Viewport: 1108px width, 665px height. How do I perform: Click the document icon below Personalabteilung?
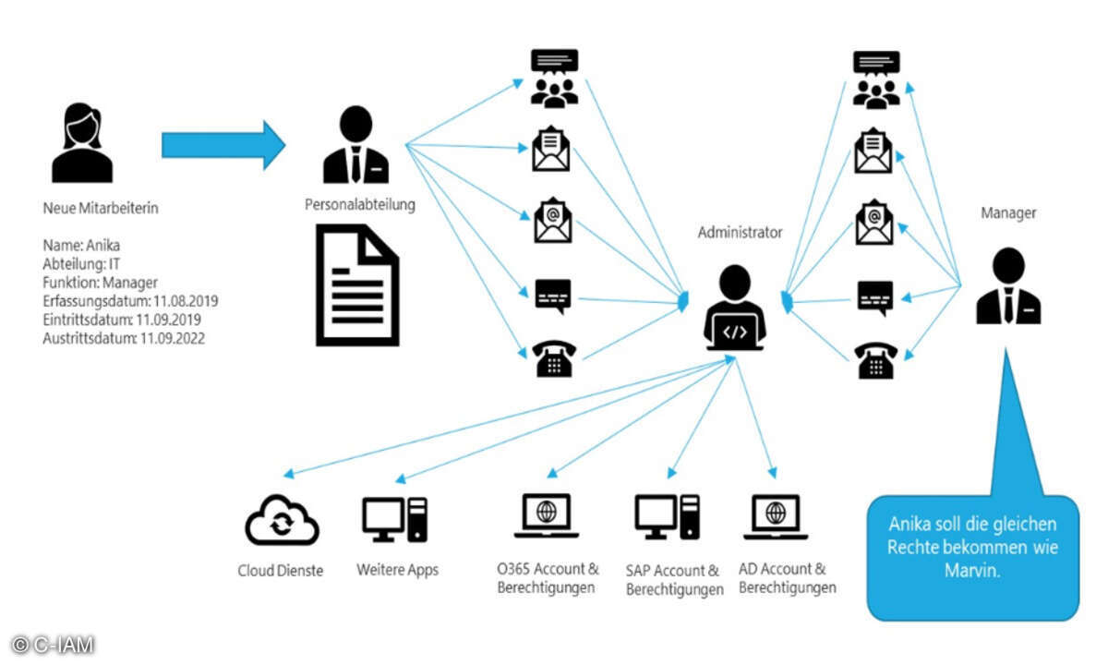[x=359, y=287]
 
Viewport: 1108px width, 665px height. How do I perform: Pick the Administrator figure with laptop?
[x=734, y=308]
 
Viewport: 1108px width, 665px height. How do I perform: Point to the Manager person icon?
[x=1008, y=288]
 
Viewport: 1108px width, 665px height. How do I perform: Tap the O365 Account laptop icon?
[x=546, y=516]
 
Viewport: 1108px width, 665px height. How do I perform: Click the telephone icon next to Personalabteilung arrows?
[x=554, y=359]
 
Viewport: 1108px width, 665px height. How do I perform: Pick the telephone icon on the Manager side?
[x=875, y=361]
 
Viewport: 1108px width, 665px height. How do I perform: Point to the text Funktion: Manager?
[x=101, y=283]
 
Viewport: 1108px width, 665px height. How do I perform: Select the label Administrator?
[x=740, y=233]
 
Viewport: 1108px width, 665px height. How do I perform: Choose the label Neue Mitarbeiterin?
[x=101, y=209]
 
